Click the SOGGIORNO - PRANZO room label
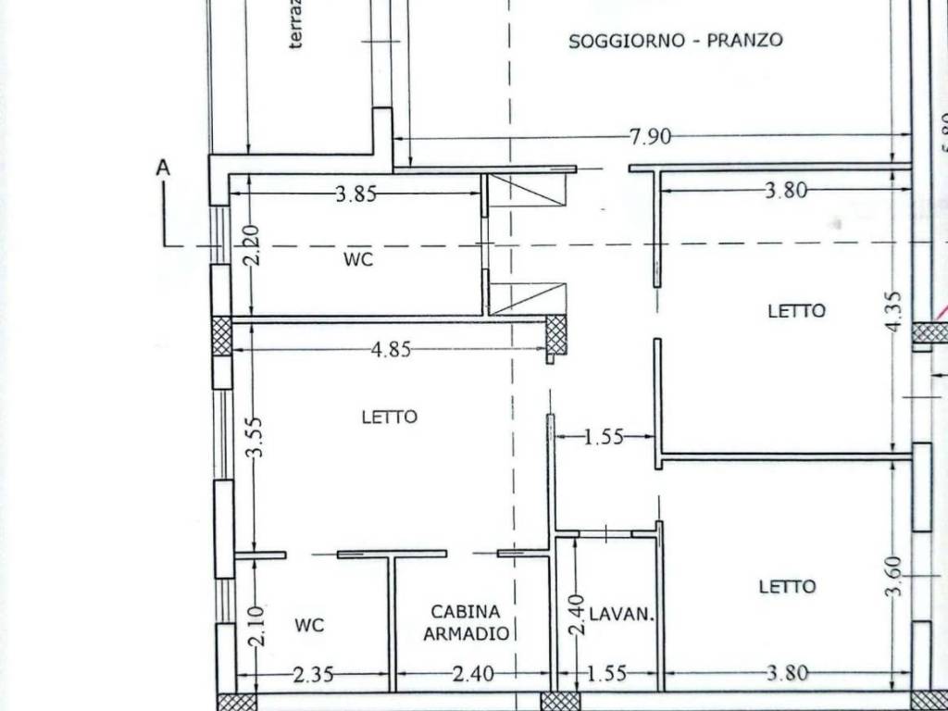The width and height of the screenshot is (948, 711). pos(676,40)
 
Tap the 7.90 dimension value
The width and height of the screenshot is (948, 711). pos(650,137)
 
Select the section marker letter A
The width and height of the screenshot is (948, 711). pos(164,168)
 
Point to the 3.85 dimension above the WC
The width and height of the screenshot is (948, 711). pos(356,193)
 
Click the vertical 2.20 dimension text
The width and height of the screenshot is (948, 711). pos(253,245)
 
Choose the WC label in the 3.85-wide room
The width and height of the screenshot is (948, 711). pos(358,260)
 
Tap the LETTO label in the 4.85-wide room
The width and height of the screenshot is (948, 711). pos(389,417)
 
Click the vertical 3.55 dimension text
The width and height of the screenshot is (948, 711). pos(256,437)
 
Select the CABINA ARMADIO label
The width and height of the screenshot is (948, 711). pos(467,623)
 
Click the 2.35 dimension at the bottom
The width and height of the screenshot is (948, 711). pos(314,674)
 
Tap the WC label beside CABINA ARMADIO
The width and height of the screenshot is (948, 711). pos(309,626)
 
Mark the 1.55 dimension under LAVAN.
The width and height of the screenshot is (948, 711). pos(606,674)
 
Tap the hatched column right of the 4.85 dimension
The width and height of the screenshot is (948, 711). pos(555,334)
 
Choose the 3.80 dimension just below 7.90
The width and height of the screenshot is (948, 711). pos(786,191)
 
